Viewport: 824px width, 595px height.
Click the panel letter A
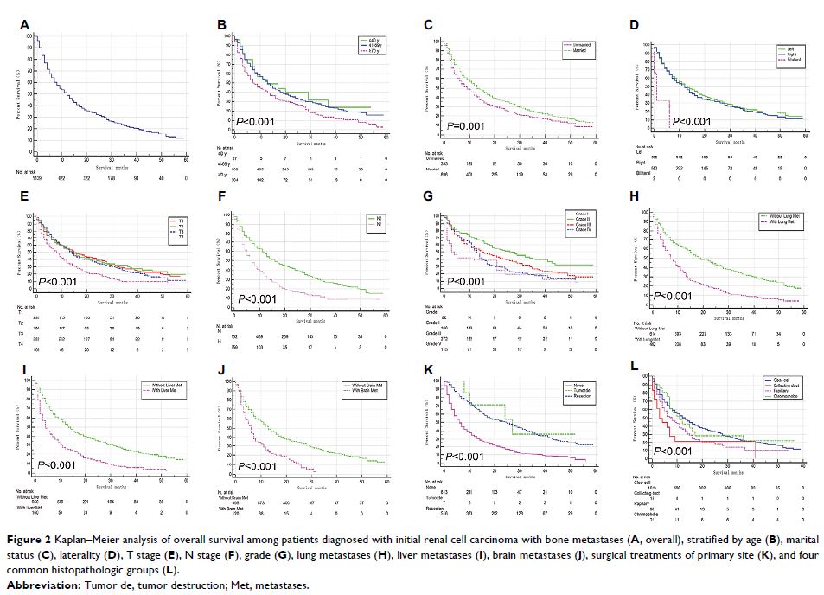pos(25,27)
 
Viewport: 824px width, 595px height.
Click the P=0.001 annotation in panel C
pos(468,126)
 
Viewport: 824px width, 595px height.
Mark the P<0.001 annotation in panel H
pos(674,296)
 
